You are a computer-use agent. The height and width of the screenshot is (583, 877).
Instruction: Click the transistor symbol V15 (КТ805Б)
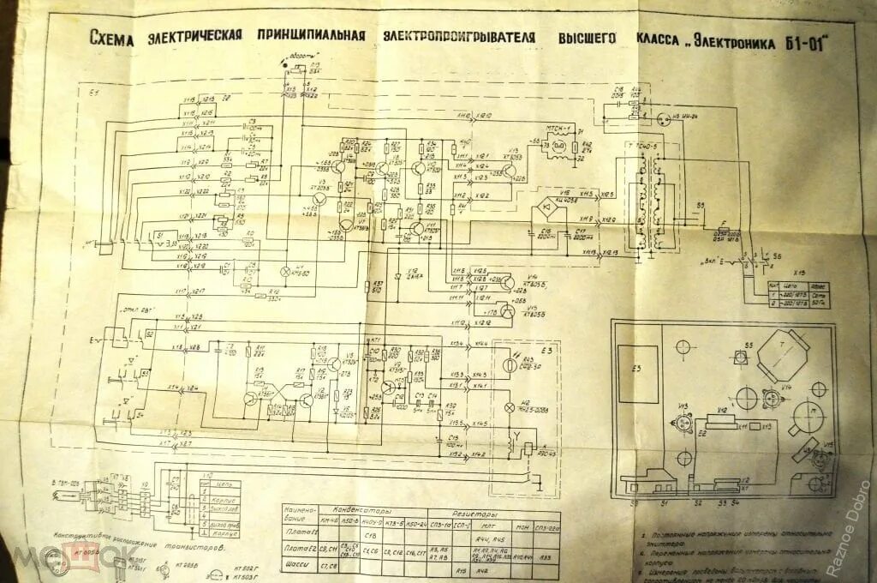click(507, 313)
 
